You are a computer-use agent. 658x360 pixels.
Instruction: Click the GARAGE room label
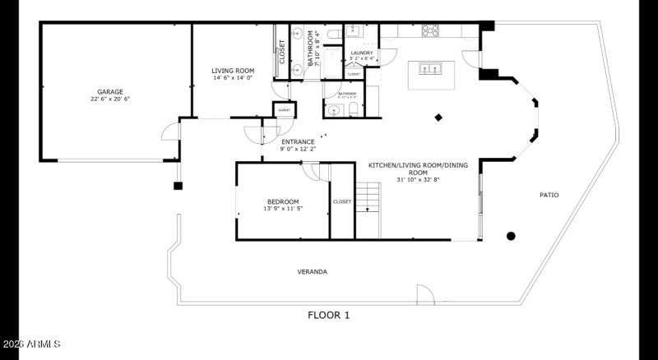(110, 92)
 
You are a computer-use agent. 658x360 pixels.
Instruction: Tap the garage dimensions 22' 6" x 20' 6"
(110, 99)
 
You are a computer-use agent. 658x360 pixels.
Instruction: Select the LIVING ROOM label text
(233, 72)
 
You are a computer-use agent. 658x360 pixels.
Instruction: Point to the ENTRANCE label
(297, 142)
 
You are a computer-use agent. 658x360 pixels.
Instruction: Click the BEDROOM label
(282, 202)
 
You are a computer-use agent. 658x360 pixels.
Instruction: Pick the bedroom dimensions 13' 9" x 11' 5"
(282, 209)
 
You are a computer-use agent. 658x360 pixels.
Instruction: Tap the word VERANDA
(312, 271)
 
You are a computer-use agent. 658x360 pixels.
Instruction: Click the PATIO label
(549, 195)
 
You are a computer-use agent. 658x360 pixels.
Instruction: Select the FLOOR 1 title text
(329, 315)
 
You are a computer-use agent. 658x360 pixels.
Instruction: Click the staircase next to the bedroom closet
(368, 197)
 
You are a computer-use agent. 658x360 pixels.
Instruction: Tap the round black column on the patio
(511, 237)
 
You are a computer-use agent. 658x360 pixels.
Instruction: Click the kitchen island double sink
(430, 68)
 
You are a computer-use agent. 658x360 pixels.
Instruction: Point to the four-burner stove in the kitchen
(430, 31)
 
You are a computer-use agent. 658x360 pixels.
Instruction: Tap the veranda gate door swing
(424, 294)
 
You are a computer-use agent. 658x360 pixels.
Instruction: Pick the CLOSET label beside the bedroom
(341, 201)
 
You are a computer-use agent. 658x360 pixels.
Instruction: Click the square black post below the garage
(178, 186)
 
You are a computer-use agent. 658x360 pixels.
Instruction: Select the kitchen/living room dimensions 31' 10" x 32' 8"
(417, 179)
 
